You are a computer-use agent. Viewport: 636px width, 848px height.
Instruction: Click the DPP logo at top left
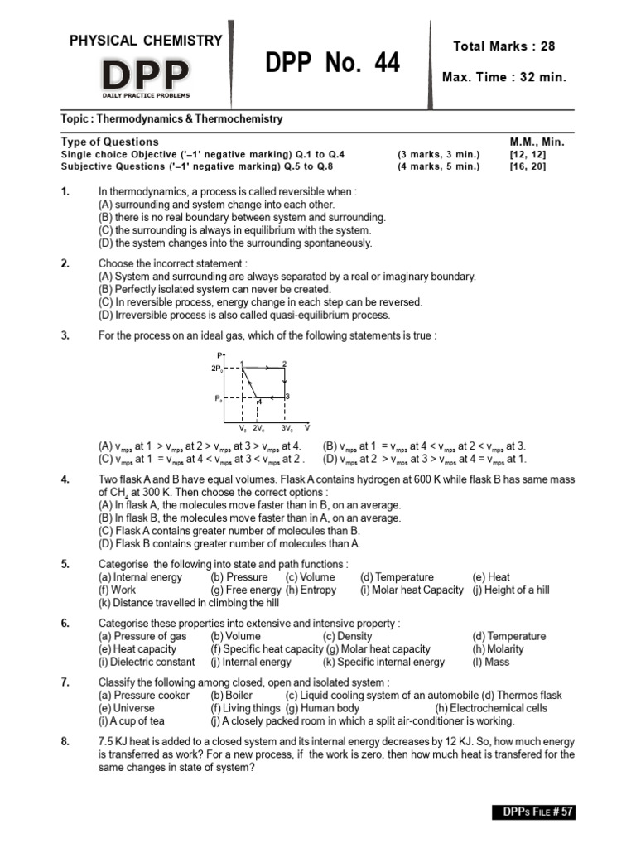pyautogui.click(x=144, y=75)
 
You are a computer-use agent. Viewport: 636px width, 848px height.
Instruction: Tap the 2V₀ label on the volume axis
pyautogui.click(x=259, y=429)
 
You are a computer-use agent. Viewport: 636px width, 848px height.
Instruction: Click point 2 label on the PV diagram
pyautogui.click(x=285, y=363)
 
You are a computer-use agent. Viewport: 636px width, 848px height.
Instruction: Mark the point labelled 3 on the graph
pyautogui.click(x=287, y=397)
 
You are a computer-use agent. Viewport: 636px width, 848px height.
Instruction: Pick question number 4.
pyautogui.click(x=65, y=479)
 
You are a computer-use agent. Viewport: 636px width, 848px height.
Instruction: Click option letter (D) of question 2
pyautogui.click(x=105, y=315)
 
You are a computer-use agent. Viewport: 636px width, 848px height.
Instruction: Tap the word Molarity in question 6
pyautogui.click(x=506, y=649)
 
